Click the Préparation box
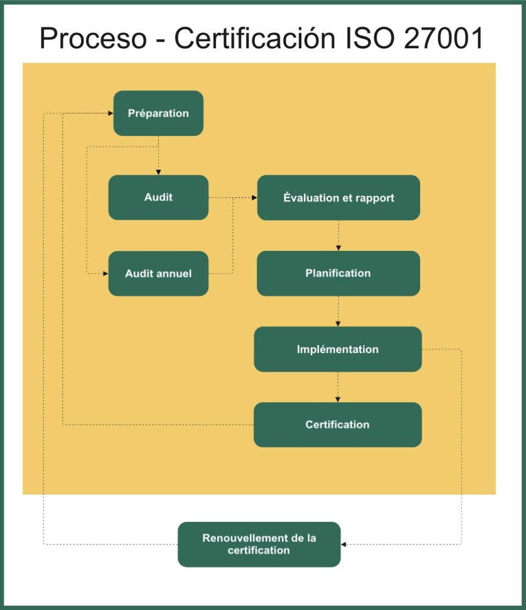[158, 113]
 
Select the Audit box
[158, 197]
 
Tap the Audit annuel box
[158, 273]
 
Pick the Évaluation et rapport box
[338, 197]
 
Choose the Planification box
[338, 273]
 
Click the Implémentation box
[338, 349]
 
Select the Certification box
[338, 425]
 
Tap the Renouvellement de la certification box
[259, 544]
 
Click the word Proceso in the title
[93, 39]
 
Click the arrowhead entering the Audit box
[158, 172]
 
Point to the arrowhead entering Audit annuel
[105, 273]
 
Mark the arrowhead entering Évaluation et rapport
[253, 197]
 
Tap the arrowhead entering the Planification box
[338, 247]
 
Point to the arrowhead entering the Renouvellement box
[344, 544]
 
